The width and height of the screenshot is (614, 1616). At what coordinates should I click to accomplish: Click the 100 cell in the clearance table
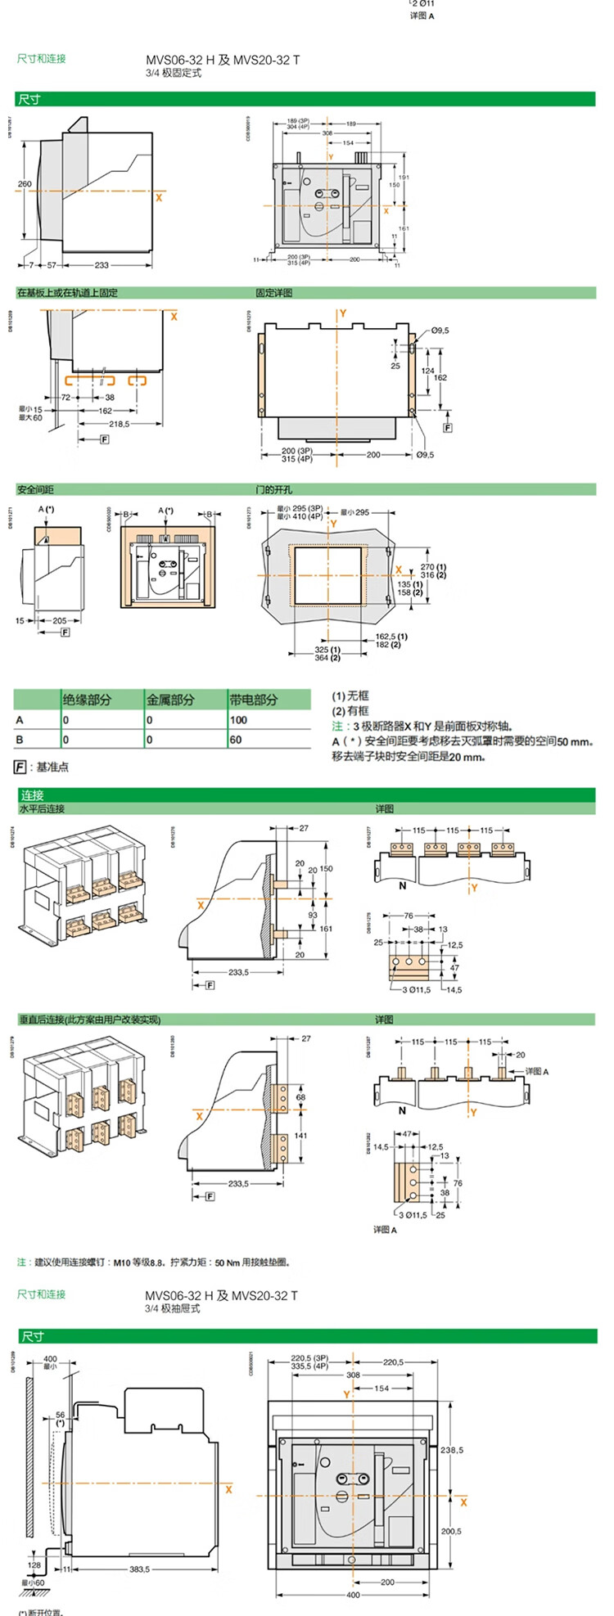click(x=238, y=720)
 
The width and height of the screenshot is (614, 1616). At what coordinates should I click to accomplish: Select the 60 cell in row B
click(x=236, y=740)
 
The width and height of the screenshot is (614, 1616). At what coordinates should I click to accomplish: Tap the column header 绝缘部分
click(x=87, y=700)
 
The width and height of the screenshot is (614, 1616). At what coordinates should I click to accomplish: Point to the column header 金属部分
click(x=170, y=700)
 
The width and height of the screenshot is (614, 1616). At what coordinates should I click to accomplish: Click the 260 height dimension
click(x=25, y=184)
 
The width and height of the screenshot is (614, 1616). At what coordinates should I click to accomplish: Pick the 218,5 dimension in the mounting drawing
click(x=120, y=424)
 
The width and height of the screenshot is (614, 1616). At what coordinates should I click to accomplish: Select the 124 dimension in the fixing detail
click(x=428, y=371)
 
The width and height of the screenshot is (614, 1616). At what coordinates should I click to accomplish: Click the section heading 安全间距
click(x=35, y=489)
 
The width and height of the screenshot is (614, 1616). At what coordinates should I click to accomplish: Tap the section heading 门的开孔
click(x=273, y=489)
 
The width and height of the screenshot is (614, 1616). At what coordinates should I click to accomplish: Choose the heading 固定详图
click(x=273, y=293)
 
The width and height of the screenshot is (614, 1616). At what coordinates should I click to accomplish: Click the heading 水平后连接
click(x=41, y=808)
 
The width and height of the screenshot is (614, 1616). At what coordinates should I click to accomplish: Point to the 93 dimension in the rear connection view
click(x=313, y=915)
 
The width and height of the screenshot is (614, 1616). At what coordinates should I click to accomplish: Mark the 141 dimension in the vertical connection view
click(x=300, y=1136)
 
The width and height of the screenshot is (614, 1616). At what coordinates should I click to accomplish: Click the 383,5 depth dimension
click(x=140, y=1569)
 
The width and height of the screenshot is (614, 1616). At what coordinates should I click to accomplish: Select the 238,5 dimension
click(x=451, y=1450)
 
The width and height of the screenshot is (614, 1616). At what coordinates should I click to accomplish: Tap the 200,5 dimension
click(x=451, y=1531)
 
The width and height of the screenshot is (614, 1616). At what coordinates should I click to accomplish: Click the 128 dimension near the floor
click(x=34, y=1565)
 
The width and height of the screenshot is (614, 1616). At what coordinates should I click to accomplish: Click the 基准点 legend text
click(x=52, y=767)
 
